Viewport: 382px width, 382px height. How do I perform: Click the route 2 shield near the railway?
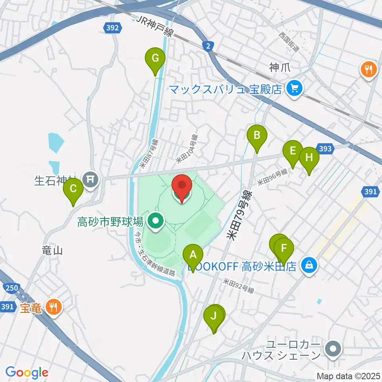(208, 47)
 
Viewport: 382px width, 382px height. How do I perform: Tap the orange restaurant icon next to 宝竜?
(53, 307)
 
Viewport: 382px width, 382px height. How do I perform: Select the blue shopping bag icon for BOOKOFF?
(309, 265)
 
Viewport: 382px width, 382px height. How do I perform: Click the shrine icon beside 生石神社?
(91, 179)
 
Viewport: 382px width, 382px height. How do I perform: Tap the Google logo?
(27, 372)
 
